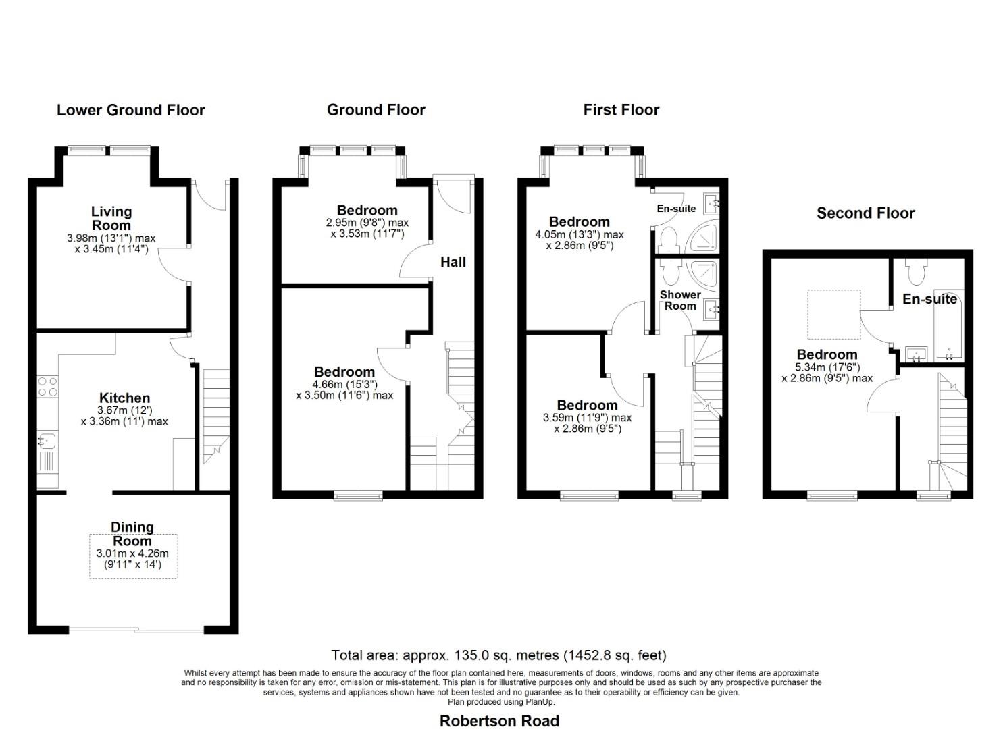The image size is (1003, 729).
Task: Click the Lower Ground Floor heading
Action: (130, 110)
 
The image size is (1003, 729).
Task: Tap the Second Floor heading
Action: (865, 213)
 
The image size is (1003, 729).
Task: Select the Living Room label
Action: (111, 219)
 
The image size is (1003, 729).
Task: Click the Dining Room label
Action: (132, 534)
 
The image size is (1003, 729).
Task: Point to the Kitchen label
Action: (124, 398)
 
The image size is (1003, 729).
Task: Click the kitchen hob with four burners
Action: (47, 386)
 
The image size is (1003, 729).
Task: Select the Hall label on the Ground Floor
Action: (453, 262)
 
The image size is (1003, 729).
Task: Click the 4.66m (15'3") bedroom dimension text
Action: (344, 384)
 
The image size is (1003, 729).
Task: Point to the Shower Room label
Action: (680, 300)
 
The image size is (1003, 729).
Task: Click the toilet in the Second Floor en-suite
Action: (917, 272)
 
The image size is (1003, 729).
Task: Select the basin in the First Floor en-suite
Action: (711, 202)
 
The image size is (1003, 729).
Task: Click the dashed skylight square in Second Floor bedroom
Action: (834, 315)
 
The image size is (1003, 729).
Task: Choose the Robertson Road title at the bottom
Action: (499, 721)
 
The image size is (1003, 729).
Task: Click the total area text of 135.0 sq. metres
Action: (498, 655)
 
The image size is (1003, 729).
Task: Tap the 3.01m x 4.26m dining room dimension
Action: (132, 553)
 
